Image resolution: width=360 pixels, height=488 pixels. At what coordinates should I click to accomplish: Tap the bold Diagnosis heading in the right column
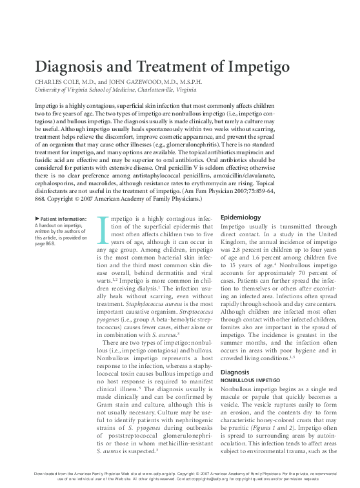point(235,373)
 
